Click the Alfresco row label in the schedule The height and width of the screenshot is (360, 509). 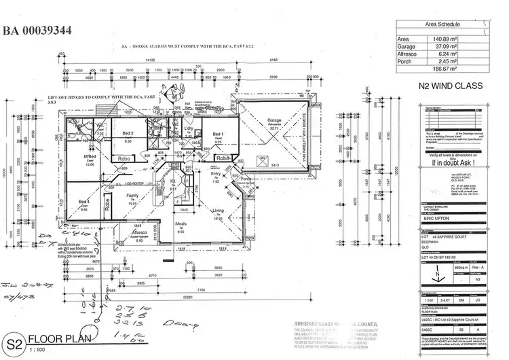[x=408, y=54]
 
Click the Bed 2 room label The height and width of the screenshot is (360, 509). [x=128, y=133]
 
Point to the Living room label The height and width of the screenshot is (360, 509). [x=217, y=211]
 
